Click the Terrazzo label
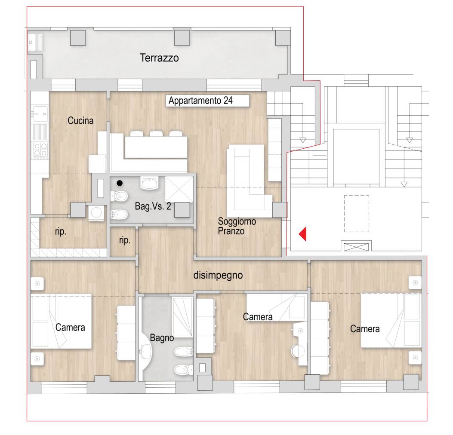159,58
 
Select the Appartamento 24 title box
207,101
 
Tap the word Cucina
80,120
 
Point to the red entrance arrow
302,234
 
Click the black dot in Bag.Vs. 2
120,183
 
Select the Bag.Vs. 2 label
153,206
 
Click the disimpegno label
218,275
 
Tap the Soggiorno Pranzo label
237,226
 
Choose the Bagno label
162,338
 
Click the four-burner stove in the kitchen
40,150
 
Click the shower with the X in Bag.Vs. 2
179,189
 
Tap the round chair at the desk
298,351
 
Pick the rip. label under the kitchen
61,232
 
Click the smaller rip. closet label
125,240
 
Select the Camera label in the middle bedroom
258,317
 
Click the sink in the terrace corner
35,43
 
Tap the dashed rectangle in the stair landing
357,214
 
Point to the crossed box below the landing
356,247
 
